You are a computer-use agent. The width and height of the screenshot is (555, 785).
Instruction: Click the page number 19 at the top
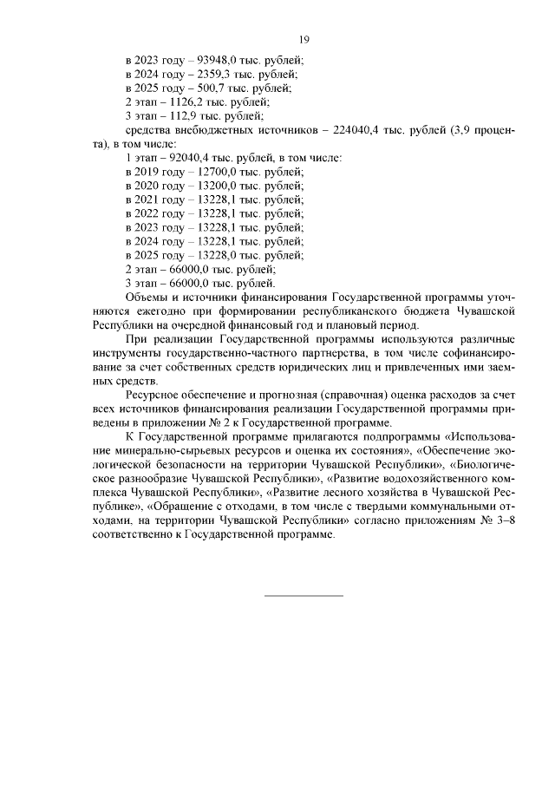[x=304, y=39]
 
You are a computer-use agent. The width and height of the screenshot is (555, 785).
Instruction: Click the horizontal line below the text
[x=303, y=596]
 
